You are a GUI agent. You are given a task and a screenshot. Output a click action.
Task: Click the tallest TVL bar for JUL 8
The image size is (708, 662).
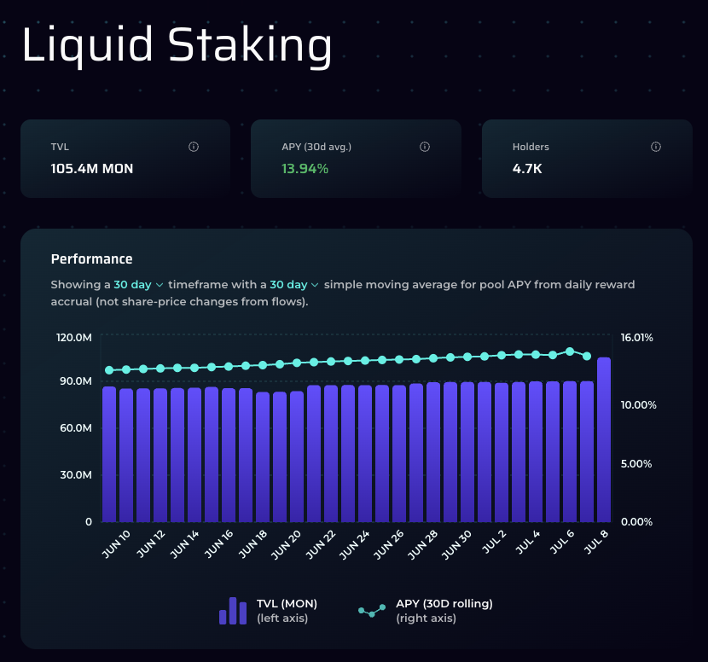(x=604, y=439)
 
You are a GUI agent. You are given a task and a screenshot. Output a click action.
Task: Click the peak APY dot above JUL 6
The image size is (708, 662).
(x=570, y=351)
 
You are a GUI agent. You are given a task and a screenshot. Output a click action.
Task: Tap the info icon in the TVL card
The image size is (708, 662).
(x=194, y=147)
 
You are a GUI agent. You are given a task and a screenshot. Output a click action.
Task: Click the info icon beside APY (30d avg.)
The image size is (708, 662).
(x=425, y=147)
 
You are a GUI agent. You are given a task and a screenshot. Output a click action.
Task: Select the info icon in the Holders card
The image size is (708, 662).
(x=656, y=147)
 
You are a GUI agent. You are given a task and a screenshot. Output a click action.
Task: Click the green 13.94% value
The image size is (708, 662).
(x=305, y=169)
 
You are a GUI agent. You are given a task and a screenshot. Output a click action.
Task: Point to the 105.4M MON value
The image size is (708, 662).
(x=91, y=169)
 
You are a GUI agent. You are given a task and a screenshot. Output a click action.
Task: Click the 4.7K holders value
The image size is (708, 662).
(x=527, y=169)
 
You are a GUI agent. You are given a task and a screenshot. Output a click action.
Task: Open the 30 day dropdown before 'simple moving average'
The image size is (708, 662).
(x=294, y=284)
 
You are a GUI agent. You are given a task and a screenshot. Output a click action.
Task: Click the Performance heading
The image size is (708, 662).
(x=91, y=258)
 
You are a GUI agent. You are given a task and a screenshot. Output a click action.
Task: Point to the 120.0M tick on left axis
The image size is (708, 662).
(x=74, y=338)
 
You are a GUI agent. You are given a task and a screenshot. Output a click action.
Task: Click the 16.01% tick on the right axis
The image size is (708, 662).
(x=636, y=338)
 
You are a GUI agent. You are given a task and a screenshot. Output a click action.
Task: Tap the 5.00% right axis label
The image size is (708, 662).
(x=636, y=464)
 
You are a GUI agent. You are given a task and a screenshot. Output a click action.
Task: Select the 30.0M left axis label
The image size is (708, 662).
(x=76, y=475)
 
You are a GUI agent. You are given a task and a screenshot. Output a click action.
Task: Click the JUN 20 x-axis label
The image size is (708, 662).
(x=286, y=544)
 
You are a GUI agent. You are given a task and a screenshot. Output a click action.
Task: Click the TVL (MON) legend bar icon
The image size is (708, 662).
(x=233, y=611)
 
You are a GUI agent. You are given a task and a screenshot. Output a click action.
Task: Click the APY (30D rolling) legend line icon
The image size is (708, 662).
(x=372, y=611)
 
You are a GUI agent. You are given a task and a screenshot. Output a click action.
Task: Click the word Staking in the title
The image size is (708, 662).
(x=250, y=45)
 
